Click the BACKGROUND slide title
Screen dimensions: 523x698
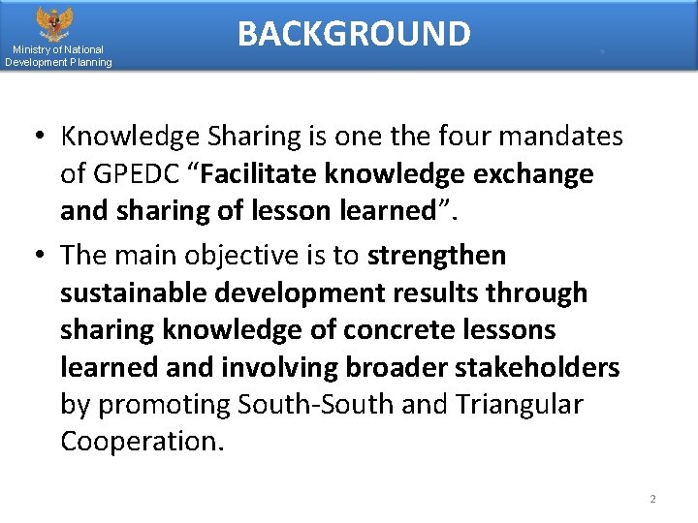point(354,34)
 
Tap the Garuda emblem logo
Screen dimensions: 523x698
point(54,21)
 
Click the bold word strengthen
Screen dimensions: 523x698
point(437,256)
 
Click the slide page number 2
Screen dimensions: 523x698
point(652,499)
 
